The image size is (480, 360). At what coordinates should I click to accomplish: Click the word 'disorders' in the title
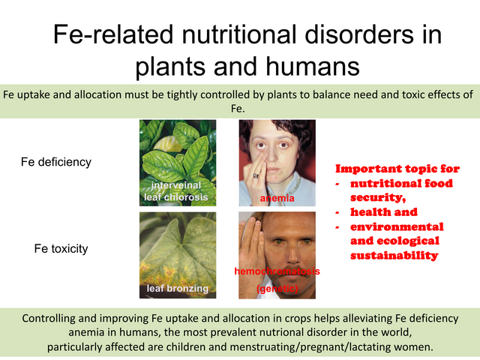[x=355, y=34]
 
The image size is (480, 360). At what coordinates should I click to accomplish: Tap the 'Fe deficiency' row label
[x=56, y=162]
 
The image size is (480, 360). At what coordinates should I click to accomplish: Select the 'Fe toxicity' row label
[x=61, y=248]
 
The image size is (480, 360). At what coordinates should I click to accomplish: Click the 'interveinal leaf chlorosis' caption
[x=176, y=191]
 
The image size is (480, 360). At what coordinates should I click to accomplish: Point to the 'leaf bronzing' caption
[x=178, y=288]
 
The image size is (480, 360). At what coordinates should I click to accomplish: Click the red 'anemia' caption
[x=277, y=198]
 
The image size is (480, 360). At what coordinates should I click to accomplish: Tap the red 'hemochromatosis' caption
[x=277, y=271]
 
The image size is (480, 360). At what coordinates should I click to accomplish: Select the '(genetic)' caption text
[x=277, y=288]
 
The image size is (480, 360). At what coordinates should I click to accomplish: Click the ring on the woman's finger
[x=256, y=175]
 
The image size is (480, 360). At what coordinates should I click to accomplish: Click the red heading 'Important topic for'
[x=397, y=169]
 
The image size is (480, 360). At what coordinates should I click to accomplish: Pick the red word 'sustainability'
[x=394, y=255]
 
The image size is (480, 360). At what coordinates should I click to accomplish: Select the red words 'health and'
[x=384, y=211]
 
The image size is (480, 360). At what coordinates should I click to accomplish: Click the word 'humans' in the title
[x=313, y=67]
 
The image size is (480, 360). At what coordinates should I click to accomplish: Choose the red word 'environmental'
[x=397, y=226]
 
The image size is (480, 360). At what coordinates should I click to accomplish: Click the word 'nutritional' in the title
[x=239, y=34]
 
